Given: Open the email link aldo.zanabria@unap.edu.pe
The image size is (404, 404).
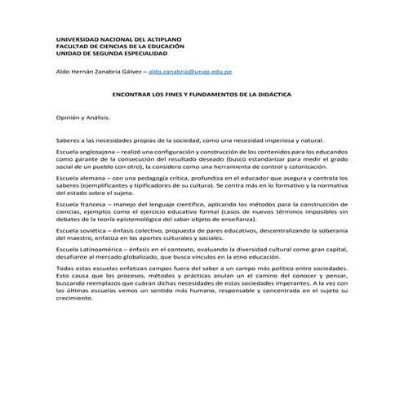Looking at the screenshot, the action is pos(190,72).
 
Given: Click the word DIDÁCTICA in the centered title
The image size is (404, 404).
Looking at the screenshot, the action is pos(252,95).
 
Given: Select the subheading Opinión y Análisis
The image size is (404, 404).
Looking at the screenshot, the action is pos(82,118).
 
